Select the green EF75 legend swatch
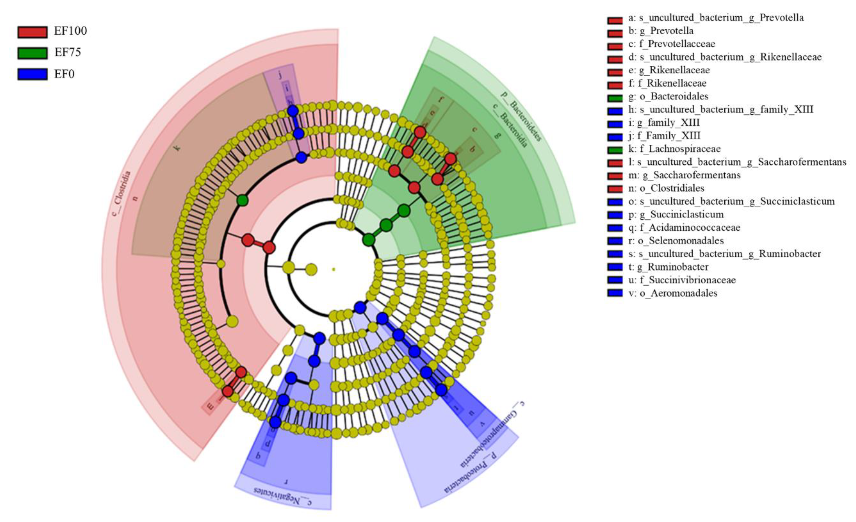coord(32,53)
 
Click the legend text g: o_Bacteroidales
coord(668,96)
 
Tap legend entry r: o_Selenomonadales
coord(676,241)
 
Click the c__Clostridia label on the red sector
coord(121,194)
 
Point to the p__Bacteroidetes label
coord(521,116)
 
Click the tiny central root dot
coord(334,269)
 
